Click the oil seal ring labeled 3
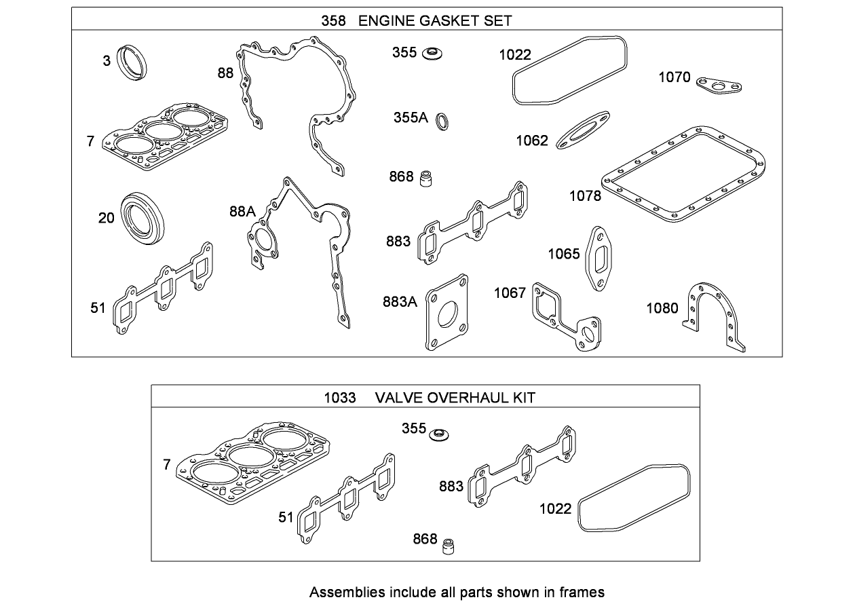tap(132, 61)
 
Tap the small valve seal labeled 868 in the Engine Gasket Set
tap(427, 178)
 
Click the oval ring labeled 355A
tap(442, 121)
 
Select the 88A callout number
tap(242, 212)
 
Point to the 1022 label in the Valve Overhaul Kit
tap(555, 508)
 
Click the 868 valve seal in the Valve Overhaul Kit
tap(448, 545)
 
